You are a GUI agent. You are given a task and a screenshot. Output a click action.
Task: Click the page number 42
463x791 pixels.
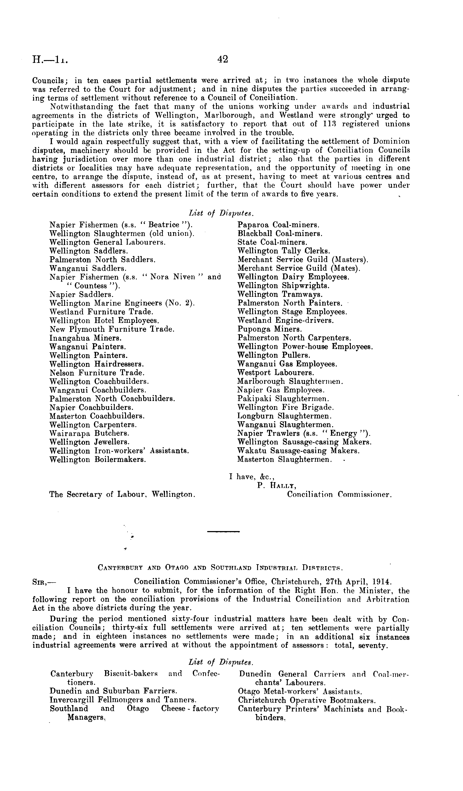[x=222, y=59]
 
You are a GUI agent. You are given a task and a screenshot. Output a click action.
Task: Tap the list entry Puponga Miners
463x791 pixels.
[x=270, y=329]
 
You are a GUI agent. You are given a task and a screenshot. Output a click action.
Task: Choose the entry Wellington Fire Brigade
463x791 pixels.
[x=286, y=407]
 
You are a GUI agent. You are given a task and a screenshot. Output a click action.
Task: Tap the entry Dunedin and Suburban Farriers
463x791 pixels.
[x=113, y=691]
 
